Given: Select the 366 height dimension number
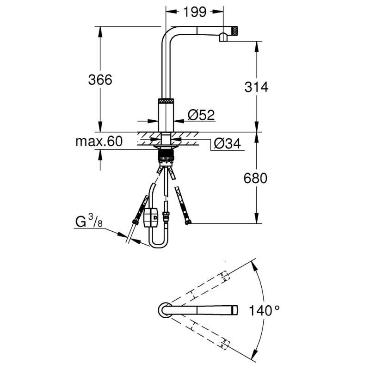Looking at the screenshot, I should tap(100, 80).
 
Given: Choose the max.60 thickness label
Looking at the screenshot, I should tap(99, 142).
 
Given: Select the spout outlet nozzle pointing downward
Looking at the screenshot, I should tap(222, 37).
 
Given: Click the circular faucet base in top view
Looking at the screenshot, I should tap(165, 310).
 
